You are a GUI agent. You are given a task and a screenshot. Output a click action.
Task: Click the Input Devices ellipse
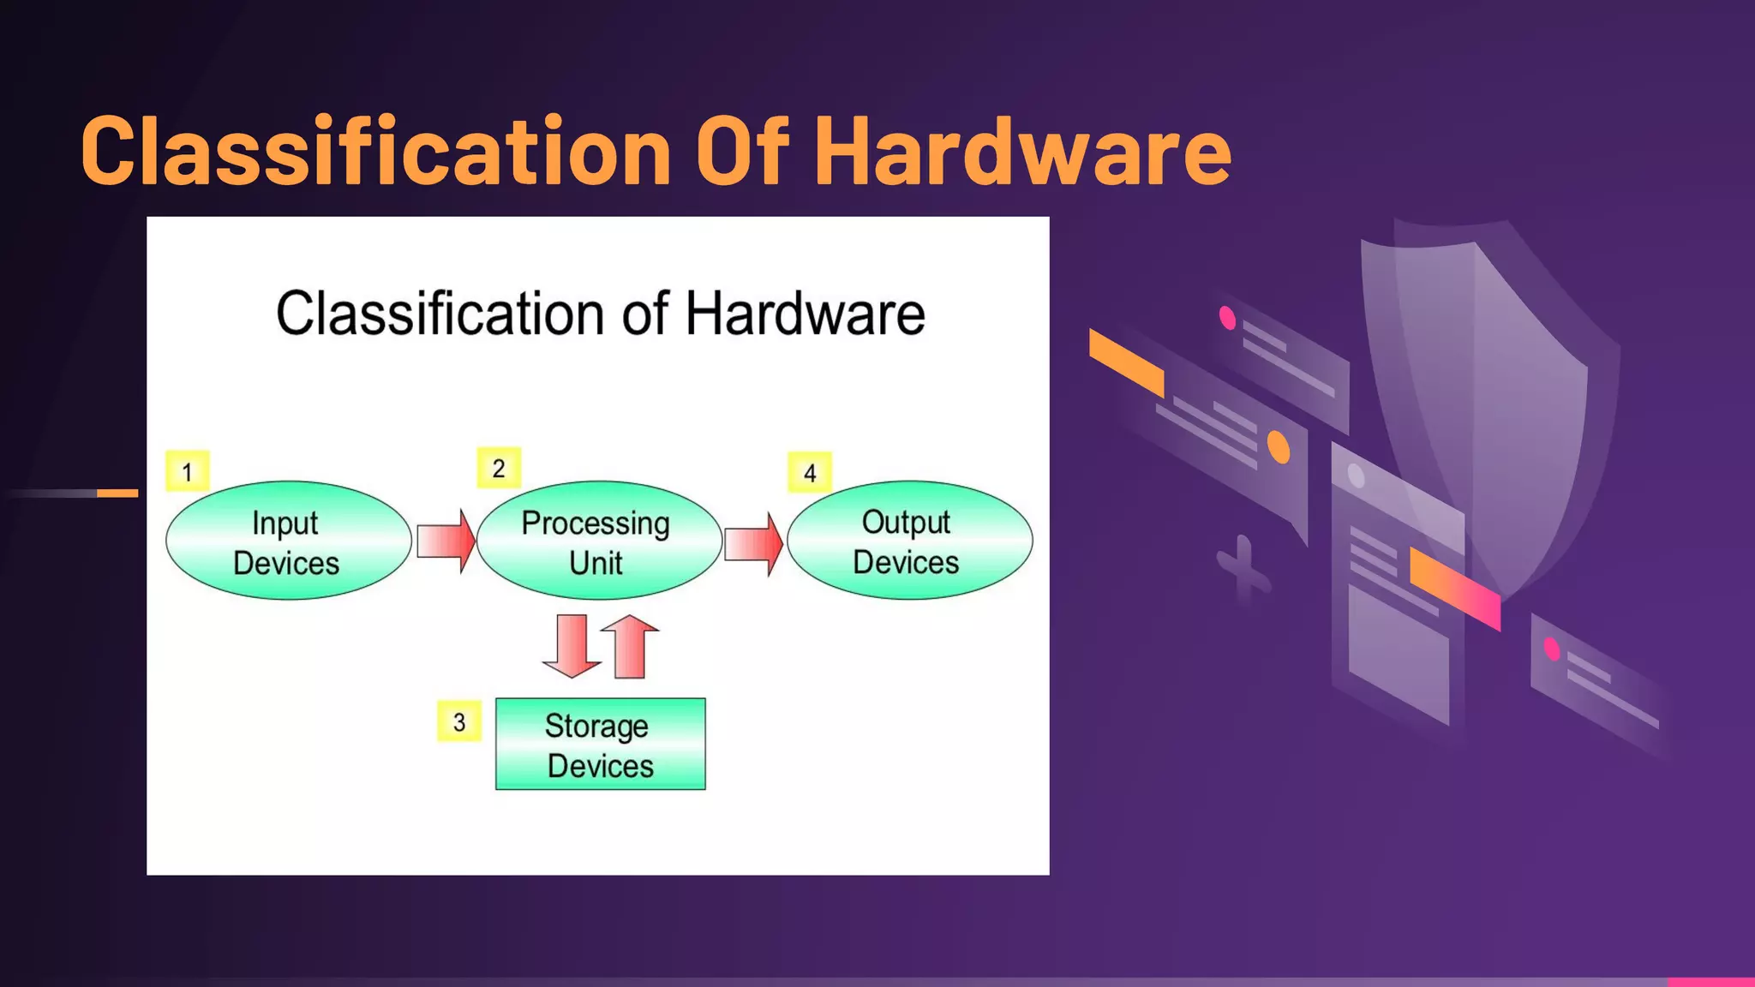[288, 541]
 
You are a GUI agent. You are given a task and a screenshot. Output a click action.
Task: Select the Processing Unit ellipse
[598, 541]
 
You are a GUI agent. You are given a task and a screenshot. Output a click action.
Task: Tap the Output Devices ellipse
[909, 541]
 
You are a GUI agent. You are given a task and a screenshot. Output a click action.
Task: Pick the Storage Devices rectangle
[600, 744]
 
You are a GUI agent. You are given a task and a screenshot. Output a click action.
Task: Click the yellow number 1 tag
[187, 471]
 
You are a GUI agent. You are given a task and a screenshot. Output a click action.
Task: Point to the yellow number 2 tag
[499, 468]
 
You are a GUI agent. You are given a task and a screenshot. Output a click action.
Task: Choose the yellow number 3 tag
[459, 721]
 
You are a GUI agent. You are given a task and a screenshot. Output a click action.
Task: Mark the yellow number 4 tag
[810, 472]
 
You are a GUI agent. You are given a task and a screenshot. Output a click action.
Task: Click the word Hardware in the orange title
[1021, 152]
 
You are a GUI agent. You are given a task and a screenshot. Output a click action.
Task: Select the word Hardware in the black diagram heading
[805, 314]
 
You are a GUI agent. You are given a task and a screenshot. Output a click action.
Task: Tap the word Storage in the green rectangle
[596, 727]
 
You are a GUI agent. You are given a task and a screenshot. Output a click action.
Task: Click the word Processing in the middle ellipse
[596, 523]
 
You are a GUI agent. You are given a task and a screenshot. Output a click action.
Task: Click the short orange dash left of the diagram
[117, 493]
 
